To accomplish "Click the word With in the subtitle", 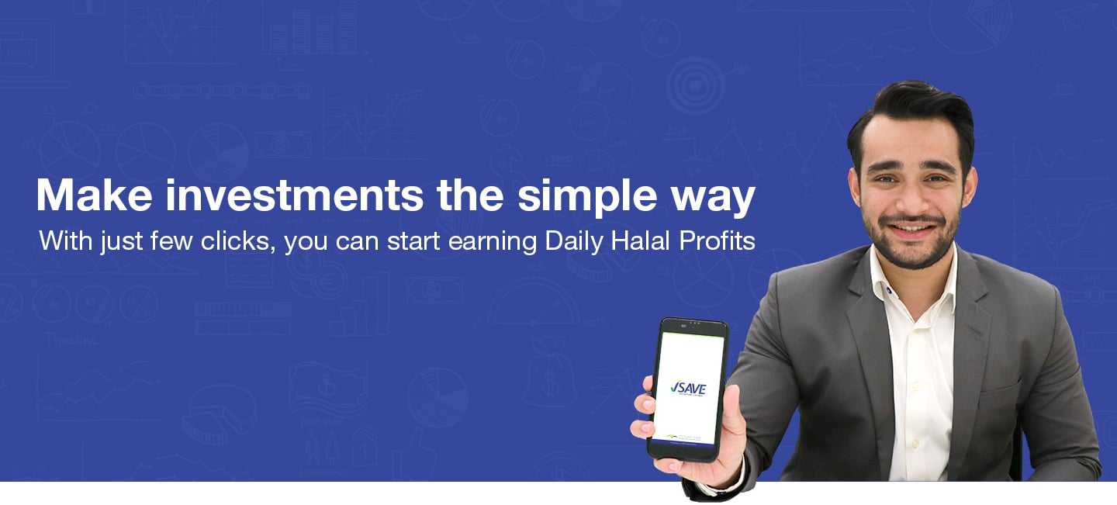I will click(x=67, y=240).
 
